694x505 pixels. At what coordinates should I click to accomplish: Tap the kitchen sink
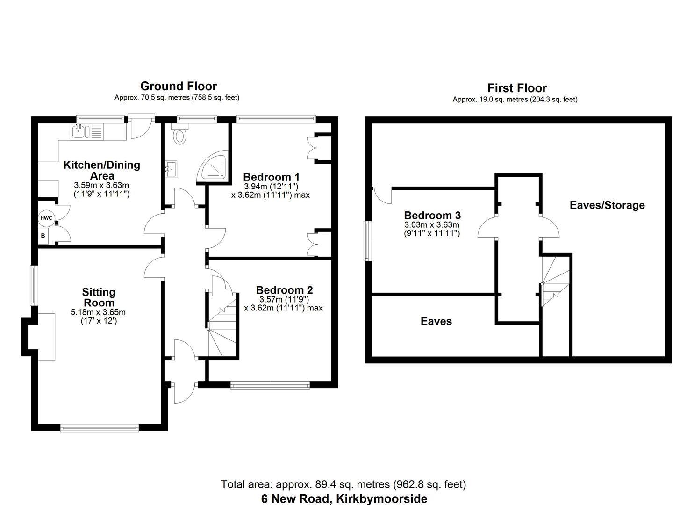(79, 131)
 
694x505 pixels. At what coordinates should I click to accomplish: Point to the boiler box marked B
(43, 236)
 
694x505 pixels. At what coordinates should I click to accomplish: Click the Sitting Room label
(99, 297)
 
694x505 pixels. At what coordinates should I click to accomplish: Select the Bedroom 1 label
(271, 177)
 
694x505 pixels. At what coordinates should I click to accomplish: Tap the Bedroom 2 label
(284, 290)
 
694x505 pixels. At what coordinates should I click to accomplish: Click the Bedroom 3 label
(432, 216)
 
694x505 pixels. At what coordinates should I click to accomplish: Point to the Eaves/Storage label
(607, 205)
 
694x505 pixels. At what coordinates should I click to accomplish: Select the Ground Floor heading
(179, 86)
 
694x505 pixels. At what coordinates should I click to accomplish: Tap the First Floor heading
(517, 88)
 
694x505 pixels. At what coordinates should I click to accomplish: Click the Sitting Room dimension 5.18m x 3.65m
(98, 313)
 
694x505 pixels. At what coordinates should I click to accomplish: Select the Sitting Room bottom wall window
(100, 427)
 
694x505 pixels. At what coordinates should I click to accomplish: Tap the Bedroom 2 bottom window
(270, 385)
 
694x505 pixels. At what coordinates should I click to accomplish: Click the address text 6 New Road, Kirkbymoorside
(344, 498)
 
